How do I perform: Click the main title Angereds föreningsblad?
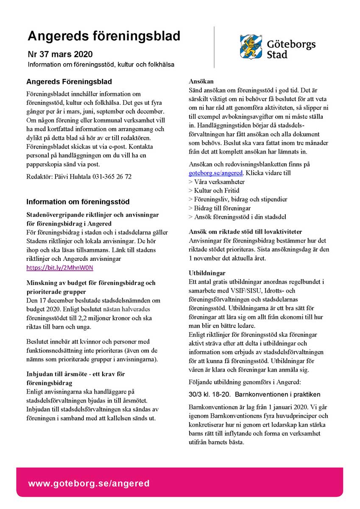104,36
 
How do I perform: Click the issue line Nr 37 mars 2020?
60,54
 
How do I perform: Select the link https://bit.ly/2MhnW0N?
59,268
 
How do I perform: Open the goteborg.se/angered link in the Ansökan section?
216,173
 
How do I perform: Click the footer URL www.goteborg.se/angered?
89,484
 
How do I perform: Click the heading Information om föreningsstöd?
78,202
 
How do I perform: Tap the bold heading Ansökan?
201,81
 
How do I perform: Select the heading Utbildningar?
207,273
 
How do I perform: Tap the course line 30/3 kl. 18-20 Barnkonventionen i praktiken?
254,394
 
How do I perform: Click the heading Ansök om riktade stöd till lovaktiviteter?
246,232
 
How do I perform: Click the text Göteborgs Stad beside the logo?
291,49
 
